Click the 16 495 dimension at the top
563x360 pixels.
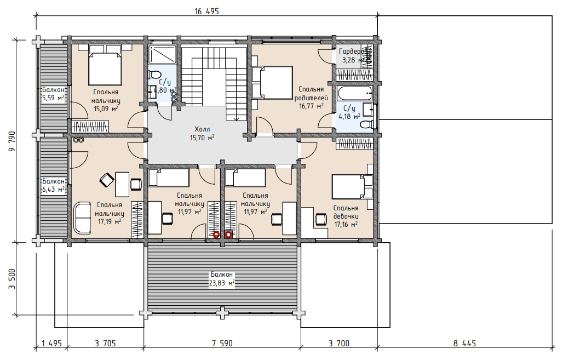click(206, 11)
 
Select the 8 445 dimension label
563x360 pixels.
click(464, 344)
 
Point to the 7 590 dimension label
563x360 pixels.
click(222, 344)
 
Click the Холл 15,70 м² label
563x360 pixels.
click(203, 133)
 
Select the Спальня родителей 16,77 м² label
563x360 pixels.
click(311, 98)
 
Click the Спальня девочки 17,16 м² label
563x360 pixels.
click(346, 216)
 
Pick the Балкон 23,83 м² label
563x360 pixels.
click(222, 279)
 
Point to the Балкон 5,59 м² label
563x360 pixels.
click(53, 93)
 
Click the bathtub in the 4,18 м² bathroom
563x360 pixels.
click(355, 93)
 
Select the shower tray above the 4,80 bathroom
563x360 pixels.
click(162, 54)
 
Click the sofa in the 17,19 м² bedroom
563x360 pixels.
click(82, 218)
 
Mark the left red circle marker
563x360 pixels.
click(216, 235)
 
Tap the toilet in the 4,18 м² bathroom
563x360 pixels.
click(365, 125)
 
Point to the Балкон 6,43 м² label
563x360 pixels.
click(53, 185)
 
